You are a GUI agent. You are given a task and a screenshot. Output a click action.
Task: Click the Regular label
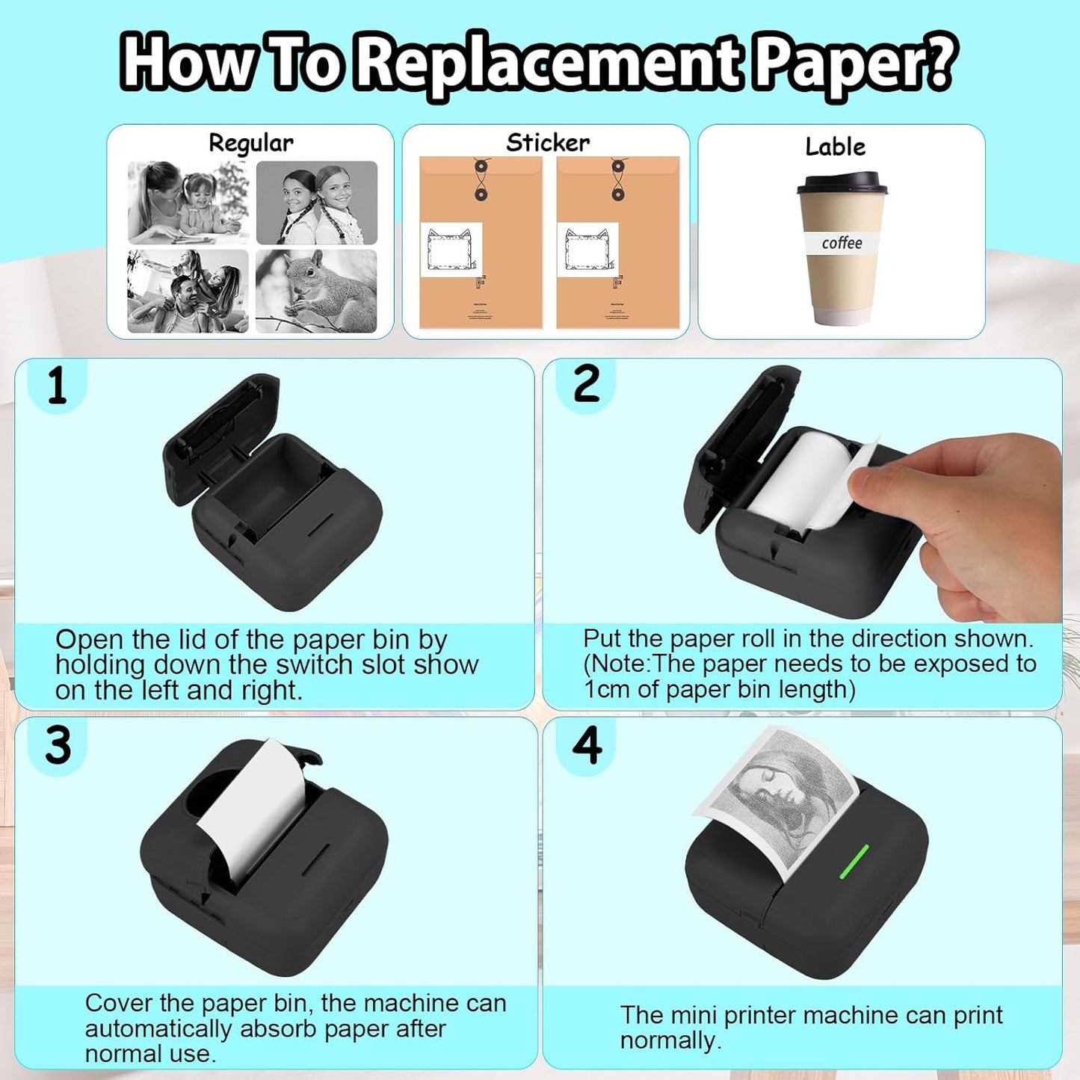pyautogui.click(x=250, y=143)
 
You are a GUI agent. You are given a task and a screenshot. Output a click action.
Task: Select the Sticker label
pyautogui.click(x=548, y=142)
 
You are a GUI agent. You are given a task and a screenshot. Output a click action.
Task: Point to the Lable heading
pyautogui.click(x=835, y=146)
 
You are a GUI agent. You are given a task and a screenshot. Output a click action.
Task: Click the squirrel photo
pyautogui.click(x=316, y=291)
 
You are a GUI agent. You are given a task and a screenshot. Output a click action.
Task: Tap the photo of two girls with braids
pyautogui.click(x=316, y=203)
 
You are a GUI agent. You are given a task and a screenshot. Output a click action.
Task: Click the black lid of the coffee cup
pyautogui.click(x=842, y=183)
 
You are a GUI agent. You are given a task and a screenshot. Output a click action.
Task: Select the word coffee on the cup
pyautogui.click(x=842, y=243)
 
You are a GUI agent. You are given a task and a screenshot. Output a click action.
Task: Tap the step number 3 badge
pyautogui.click(x=58, y=746)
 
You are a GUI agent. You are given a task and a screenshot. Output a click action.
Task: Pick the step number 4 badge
pyautogui.click(x=587, y=745)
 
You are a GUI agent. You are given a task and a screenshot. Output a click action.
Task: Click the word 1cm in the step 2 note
pyautogui.click(x=608, y=689)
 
